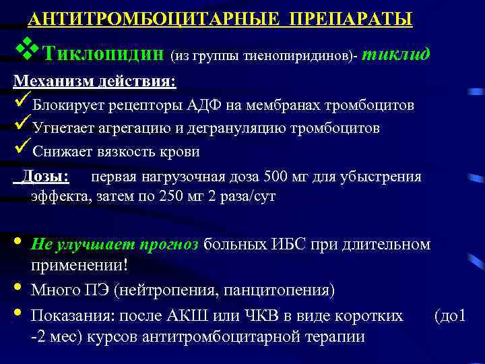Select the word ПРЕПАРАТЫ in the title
[352, 20]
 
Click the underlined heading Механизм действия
[94, 81]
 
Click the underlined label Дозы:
[45, 177]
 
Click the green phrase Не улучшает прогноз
[115, 244]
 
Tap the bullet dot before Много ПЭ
[18, 289]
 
